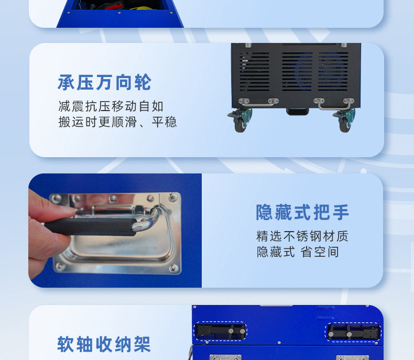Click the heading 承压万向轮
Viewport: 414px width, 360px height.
[x=105, y=83]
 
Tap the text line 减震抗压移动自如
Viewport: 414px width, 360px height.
[x=111, y=106]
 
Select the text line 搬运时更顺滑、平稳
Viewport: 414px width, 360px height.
[x=117, y=122]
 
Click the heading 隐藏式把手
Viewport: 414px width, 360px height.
[x=302, y=212]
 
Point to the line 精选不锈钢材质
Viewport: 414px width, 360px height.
[x=302, y=236]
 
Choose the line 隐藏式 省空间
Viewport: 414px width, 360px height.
[x=298, y=252]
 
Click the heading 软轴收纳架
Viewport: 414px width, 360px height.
[x=104, y=344]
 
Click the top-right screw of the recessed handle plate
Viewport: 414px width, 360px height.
[x=173, y=197]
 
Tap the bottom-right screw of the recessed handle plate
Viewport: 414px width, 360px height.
[x=173, y=268]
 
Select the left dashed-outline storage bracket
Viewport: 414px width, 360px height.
[x=221, y=331]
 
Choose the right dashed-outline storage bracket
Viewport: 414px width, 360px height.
[x=353, y=332]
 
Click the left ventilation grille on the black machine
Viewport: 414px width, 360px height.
[x=255, y=71]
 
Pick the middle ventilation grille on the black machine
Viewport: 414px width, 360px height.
[x=297, y=71]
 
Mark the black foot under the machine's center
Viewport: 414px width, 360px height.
[x=298, y=112]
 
